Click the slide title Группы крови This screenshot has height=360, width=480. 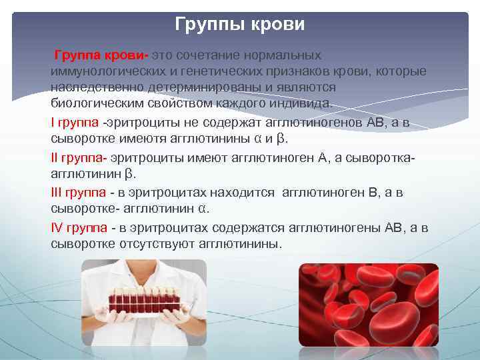pyautogui.click(x=240, y=25)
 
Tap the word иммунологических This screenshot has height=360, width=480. pyautogui.click(x=102, y=71)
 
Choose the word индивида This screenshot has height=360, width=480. pyautogui.click(x=303, y=104)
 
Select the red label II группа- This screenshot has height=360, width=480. pyautogui.click(x=79, y=158)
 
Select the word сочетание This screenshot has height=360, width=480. pyautogui.click(x=207, y=54)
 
